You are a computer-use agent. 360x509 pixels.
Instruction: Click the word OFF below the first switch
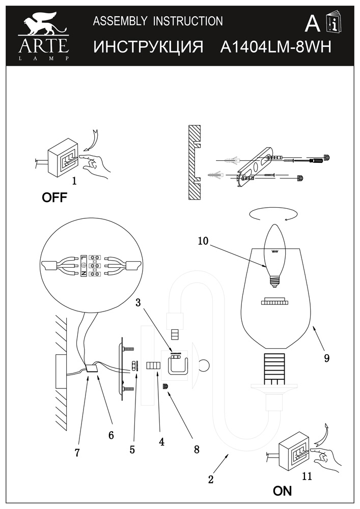[x=54, y=197]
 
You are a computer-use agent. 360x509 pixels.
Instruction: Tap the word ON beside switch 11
[x=283, y=491]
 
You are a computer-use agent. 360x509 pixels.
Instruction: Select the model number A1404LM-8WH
[x=276, y=47]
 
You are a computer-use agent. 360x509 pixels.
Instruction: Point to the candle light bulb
[x=274, y=256]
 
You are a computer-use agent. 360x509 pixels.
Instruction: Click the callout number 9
[x=326, y=358]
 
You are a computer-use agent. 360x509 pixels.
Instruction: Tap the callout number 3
[x=139, y=303]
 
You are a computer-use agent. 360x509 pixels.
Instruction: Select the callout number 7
[x=77, y=453]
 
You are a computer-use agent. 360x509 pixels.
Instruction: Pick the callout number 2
[x=211, y=479]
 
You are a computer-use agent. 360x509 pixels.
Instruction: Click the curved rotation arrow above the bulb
[x=273, y=215]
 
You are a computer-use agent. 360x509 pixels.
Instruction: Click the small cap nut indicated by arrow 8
[x=165, y=387]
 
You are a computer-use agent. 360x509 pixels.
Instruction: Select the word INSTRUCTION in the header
[x=188, y=21]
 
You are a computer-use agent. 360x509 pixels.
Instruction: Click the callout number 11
[x=307, y=476]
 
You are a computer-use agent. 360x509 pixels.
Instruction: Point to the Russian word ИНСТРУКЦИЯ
[x=148, y=47]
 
